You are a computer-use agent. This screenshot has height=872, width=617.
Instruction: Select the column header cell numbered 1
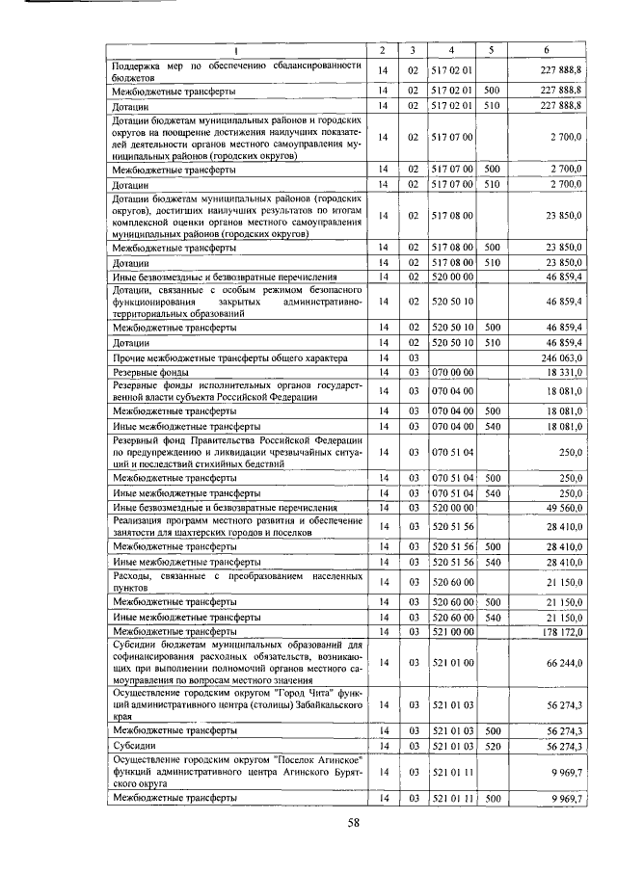237,49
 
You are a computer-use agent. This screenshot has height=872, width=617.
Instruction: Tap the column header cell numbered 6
547,49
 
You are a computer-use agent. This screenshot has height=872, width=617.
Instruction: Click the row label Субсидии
132,746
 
